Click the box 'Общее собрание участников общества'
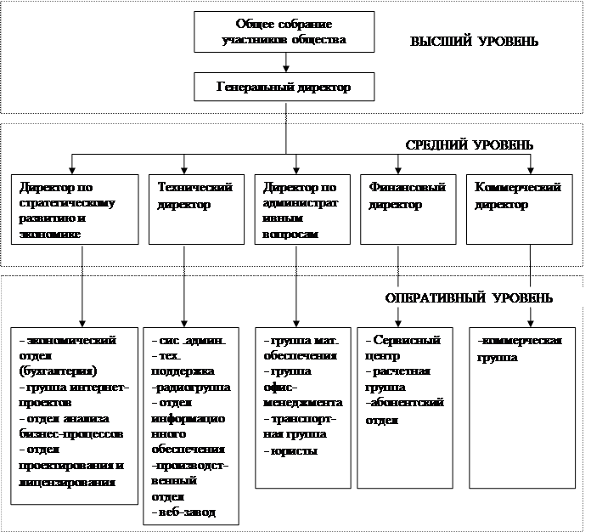click(x=285, y=31)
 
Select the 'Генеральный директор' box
click(x=285, y=87)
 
